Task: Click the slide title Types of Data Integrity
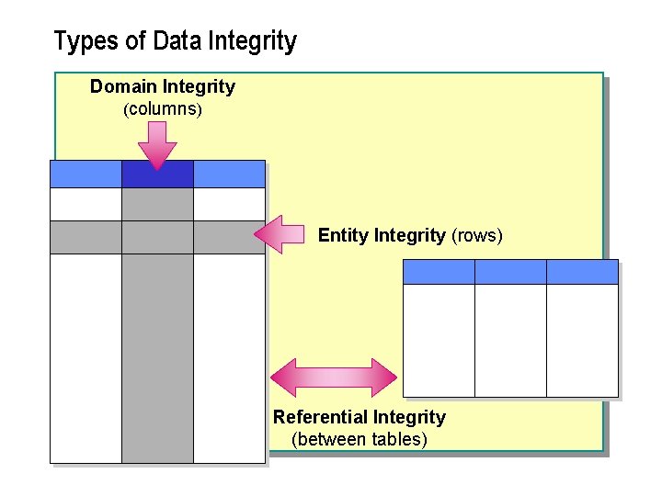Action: click(175, 41)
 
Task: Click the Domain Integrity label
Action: click(163, 87)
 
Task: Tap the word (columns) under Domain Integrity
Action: click(163, 109)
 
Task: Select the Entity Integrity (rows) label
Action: click(410, 235)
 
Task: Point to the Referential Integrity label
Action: click(359, 417)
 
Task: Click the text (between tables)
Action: click(359, 439)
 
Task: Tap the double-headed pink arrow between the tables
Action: click(333, 377)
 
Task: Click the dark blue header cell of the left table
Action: click(157, 174)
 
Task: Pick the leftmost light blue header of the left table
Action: click(86, 174)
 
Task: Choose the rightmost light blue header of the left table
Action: click(229, 174)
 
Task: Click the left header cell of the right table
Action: click(439, 272)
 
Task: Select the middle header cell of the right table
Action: click(510, 272)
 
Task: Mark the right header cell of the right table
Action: click(582, 272)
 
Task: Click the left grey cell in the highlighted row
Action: click(86, 237)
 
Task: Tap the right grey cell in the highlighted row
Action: click(229, 237)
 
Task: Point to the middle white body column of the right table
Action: click(510, 340)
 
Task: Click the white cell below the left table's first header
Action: click(86, 204)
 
